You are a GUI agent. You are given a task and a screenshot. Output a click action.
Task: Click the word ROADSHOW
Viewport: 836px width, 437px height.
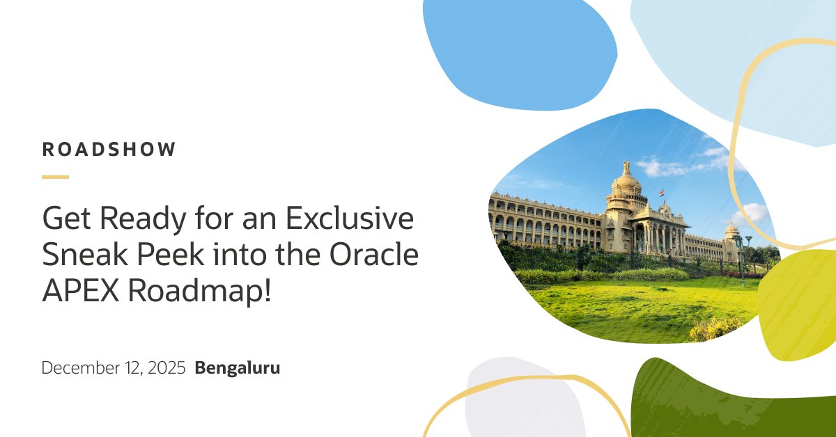pos(109,150)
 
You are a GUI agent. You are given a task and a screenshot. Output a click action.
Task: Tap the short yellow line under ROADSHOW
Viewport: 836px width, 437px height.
pos(55,177)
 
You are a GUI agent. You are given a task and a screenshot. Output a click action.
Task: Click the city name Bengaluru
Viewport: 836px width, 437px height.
pos(238,368)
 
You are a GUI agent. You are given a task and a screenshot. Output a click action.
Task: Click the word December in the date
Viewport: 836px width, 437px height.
pos(77,368)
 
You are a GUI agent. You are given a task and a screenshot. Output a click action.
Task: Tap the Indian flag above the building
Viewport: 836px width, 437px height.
pos(661,193)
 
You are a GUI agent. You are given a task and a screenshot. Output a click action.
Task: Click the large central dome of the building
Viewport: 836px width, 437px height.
pos(626,182)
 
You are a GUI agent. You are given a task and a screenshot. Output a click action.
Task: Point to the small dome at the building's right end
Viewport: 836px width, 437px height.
pos(731,230)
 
